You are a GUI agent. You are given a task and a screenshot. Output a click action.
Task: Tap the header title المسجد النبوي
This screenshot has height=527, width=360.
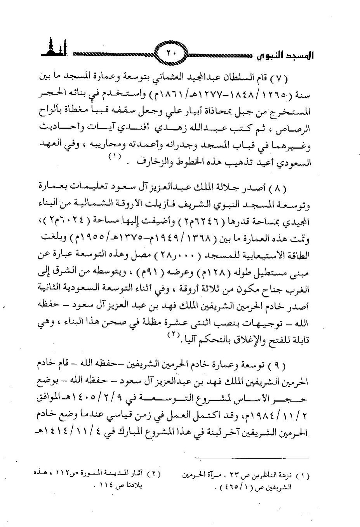[x=285, y=56]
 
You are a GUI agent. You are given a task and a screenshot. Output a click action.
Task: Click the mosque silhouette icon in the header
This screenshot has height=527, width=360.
[x=53, y=48]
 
